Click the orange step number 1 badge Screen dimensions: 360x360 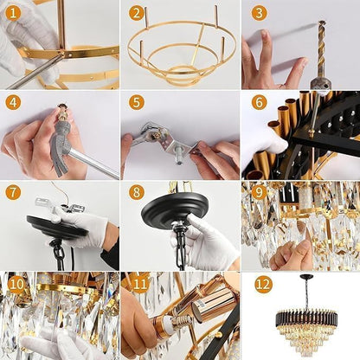pos(13,13)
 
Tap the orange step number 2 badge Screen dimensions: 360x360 pos(136,13)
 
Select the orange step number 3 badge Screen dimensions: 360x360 pos(259,13)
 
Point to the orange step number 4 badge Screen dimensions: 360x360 pos(13,102)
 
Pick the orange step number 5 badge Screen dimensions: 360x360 pos(136,102)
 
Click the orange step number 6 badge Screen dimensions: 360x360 pos(259,102)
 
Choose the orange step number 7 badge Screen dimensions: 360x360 pos(13,192)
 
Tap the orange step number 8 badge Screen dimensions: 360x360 pos(136,192)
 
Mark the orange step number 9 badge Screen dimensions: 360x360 pos(259,192)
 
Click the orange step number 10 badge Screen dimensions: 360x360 pos(16,283)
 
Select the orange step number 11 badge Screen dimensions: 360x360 pos(138,283)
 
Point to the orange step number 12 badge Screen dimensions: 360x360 pos(262,283)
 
